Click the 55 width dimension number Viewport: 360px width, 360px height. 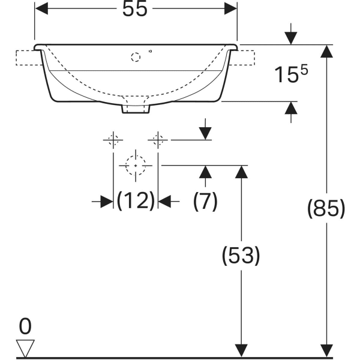pos(134,9)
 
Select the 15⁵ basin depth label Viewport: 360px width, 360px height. pos(291,73)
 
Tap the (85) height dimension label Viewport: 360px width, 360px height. pos(326,209)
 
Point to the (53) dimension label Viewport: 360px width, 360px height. pos(241,256)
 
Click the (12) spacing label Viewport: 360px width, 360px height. pos(136,201)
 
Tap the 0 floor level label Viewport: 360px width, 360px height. pos(25,326)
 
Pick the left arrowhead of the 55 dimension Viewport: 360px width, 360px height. pos(41,9)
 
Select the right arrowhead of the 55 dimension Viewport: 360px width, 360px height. pos(230,9)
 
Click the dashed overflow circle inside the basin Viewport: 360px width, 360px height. pos(136,57)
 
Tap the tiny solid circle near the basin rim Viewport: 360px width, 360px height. pos(151,51)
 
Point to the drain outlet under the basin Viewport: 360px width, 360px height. pos(136,109)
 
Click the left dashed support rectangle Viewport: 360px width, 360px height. pos(29,58)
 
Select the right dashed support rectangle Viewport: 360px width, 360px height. pos(242,58)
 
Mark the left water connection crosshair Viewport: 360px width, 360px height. pos(113,140)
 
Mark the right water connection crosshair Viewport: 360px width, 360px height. pos(158,140)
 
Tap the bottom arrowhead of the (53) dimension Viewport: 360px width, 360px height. pos(241,351)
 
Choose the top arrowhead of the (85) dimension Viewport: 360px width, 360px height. pos(327,52)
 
